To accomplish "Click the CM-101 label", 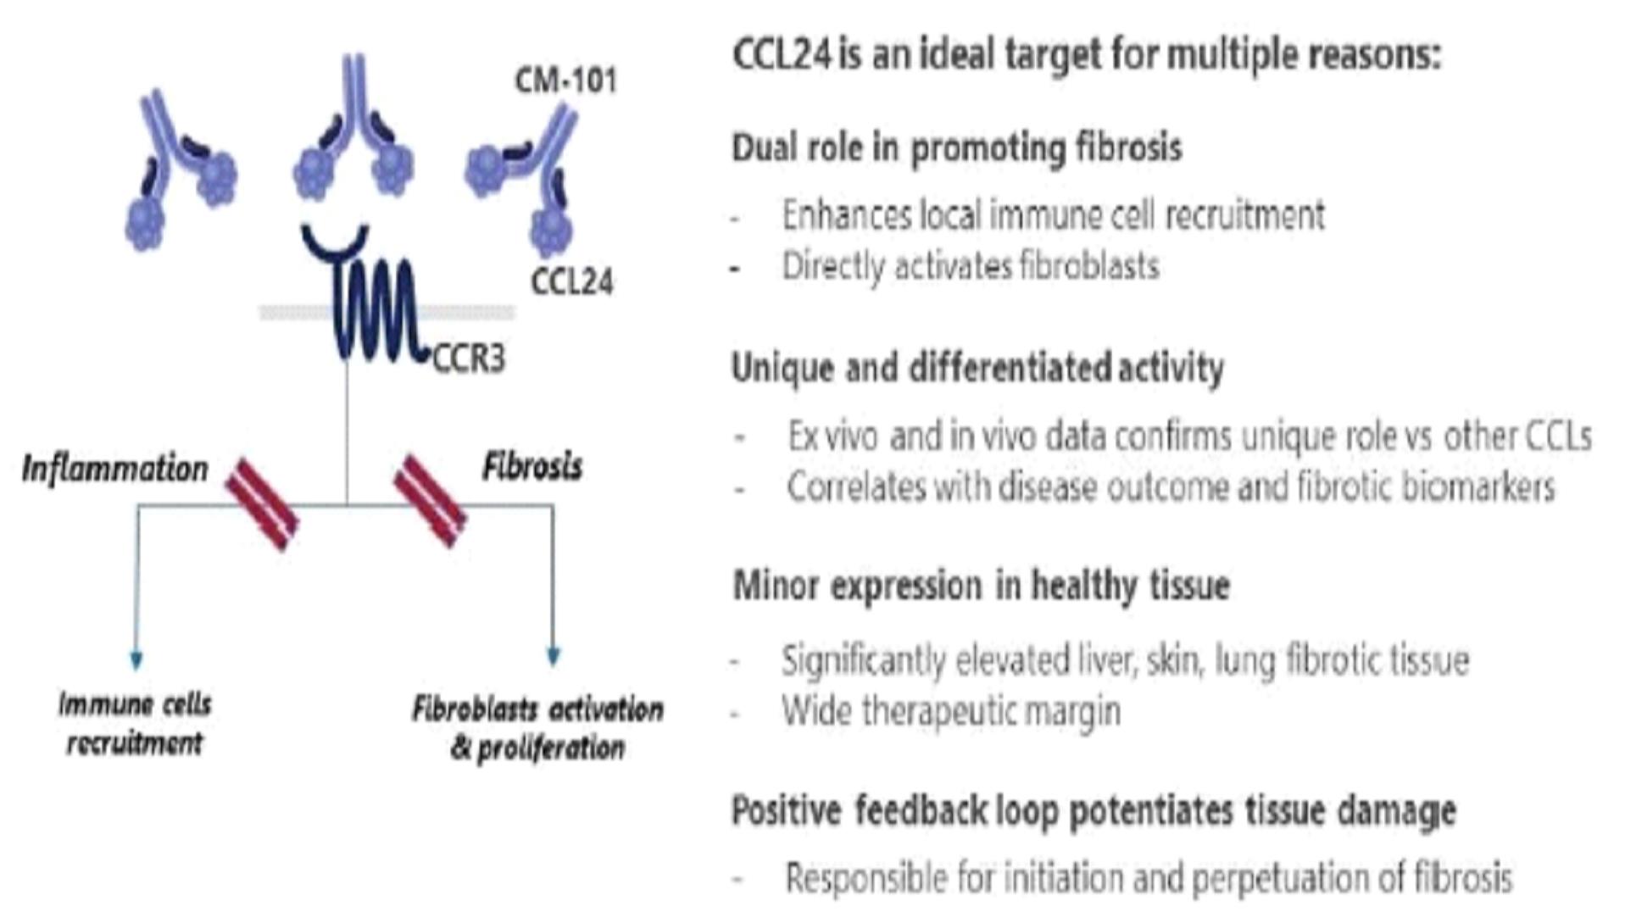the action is [565, 81].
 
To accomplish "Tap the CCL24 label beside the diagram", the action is [572, 281].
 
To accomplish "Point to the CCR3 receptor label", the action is [469, 359].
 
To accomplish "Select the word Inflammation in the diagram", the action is [114, 469].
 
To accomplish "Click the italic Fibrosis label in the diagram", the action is [532, 466].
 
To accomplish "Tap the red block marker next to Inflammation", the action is [262, 504].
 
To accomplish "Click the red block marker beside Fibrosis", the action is [431, 501].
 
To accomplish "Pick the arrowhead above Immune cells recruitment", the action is [136, 659].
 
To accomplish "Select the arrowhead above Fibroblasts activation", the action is [554, 656].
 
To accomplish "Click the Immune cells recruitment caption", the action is [135, 723].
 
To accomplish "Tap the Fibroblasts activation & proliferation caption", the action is [538, 728].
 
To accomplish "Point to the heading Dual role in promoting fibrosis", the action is [956, 147].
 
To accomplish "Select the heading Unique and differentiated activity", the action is [977, 368].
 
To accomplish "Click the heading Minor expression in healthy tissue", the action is [981, 586].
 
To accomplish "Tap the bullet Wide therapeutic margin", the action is [951, 711].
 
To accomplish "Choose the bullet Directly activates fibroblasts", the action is [971, 266].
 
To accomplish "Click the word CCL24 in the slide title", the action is [782, 55].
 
